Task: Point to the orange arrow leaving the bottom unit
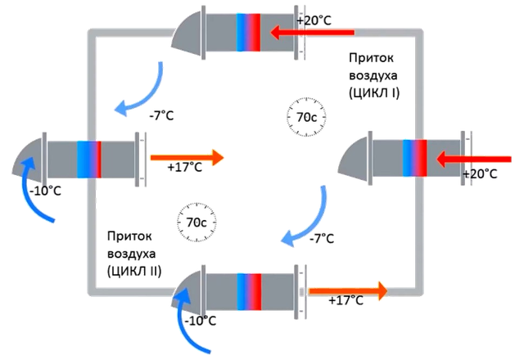click(x=347, y=289)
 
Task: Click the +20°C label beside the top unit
click(x=314, y=19)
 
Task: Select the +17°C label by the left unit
click(x=184, y=169)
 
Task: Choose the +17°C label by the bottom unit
click(x=345, y=302)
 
